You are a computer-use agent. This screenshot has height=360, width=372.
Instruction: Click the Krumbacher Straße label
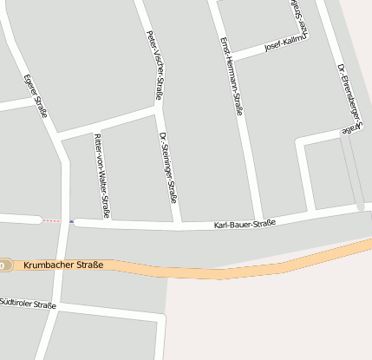[x=63, y=265]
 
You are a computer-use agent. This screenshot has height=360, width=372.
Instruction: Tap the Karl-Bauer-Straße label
[x=245, y=225]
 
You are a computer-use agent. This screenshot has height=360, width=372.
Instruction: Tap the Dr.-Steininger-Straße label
[x=169, y=167]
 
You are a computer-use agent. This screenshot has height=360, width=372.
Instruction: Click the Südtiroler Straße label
[x=28, y=304]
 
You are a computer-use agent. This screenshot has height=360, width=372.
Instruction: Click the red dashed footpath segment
[x=52, y=220]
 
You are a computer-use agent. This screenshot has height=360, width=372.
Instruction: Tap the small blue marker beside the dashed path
[x=72, y=221]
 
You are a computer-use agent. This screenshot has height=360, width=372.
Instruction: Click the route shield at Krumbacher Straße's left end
[x=3, y=265]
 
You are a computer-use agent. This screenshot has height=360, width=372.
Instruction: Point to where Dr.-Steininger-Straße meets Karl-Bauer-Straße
[x=178, y=225]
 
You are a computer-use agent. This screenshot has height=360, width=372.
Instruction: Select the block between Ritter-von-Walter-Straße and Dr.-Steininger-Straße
[x=139, y=173]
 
